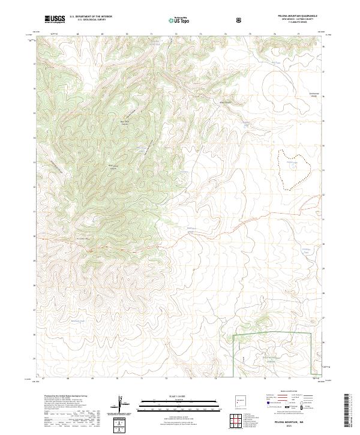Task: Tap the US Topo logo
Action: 181,20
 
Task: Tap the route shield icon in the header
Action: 240,20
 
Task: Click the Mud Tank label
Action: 274,62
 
